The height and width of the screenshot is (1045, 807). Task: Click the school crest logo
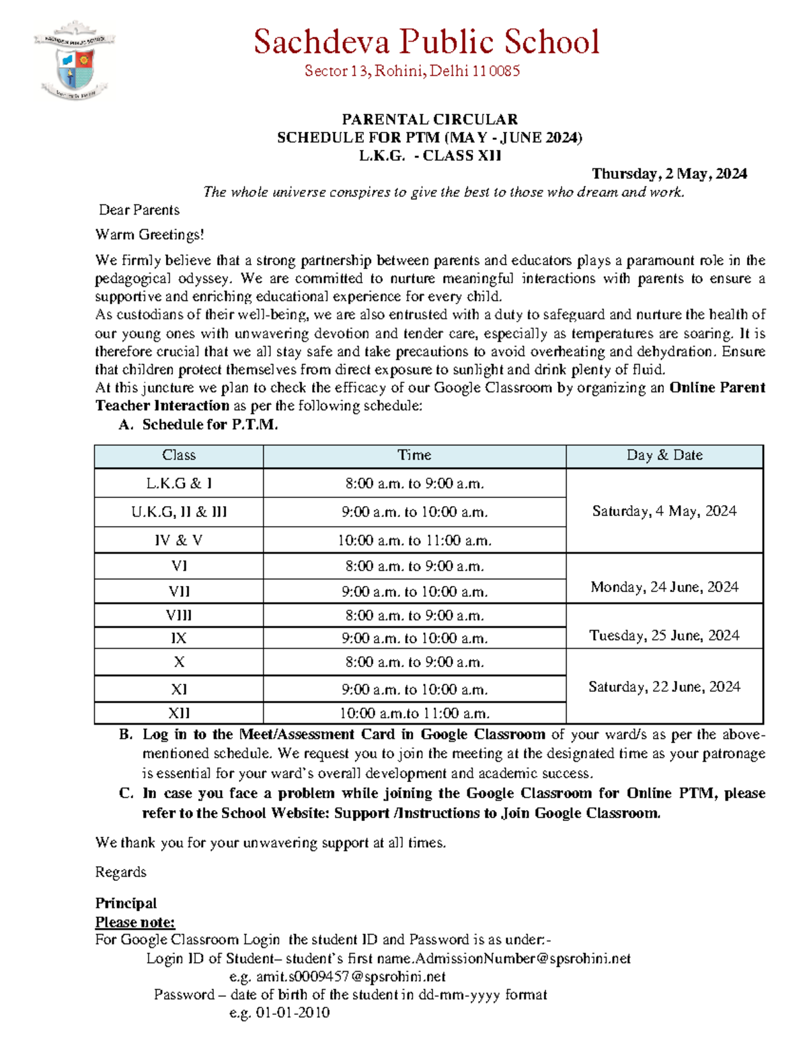coord(74,61)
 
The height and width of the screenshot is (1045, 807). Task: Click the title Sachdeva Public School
coord(426,42)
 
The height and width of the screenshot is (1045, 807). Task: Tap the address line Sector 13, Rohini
coord(412,71)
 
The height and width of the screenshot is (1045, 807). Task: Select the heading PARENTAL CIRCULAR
coord(430,120)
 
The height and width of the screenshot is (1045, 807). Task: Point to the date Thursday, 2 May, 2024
coord(668,174)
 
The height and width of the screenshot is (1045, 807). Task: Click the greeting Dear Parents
coord(139,210)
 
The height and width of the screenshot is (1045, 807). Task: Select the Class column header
coord(179,456)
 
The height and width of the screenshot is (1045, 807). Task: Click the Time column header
coord(414,456)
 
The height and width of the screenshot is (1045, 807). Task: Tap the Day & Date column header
coord(664,456)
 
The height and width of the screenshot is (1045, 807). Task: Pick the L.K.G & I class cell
coord(179,484)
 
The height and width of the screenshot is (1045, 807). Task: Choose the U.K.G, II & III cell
coord(179,512)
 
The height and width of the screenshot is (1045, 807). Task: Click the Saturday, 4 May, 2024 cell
coord(664,511)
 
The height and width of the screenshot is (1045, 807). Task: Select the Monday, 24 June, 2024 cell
coord(664,587)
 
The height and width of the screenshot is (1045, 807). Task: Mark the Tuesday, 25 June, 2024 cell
coord(664,636)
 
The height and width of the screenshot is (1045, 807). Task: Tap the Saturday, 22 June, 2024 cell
coord(664,687)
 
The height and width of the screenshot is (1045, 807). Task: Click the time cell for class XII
coord(414,713)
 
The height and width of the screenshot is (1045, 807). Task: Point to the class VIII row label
coord(179,616)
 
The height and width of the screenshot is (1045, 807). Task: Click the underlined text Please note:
coord(135,922)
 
